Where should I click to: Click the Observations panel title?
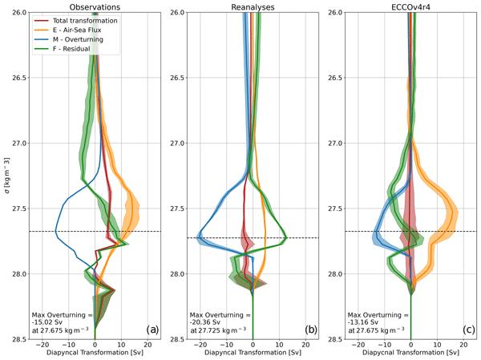(95, 6)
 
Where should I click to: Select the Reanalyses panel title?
(253, 6)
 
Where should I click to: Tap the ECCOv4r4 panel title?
(410, 6)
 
